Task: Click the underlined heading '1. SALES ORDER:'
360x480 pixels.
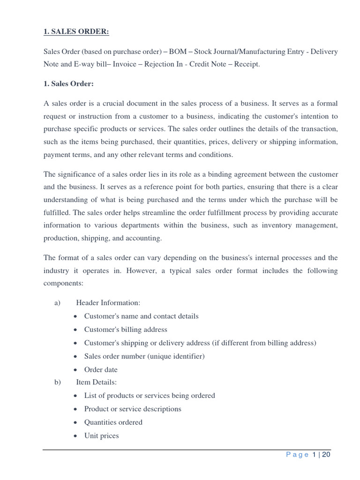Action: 76,31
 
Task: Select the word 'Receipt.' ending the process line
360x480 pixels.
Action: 247,64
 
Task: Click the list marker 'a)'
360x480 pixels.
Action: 58,303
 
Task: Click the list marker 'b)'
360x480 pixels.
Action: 58,382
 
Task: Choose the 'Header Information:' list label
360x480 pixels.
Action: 108,303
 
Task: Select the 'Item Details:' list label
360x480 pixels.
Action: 96,382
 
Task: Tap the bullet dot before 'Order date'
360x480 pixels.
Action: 76,370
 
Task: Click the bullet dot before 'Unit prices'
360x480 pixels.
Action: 76,436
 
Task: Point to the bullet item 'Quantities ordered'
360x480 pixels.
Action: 113,422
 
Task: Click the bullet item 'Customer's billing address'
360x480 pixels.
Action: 126,329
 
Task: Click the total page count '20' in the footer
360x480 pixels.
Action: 327,454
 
